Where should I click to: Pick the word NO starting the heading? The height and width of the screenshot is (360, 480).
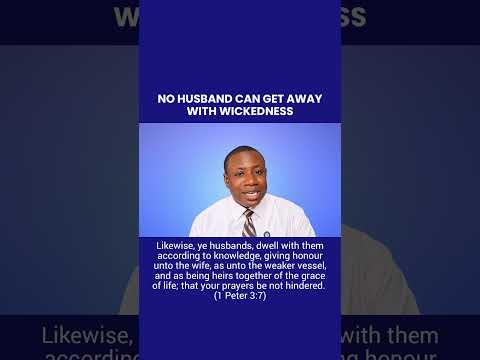coord(166,99)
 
